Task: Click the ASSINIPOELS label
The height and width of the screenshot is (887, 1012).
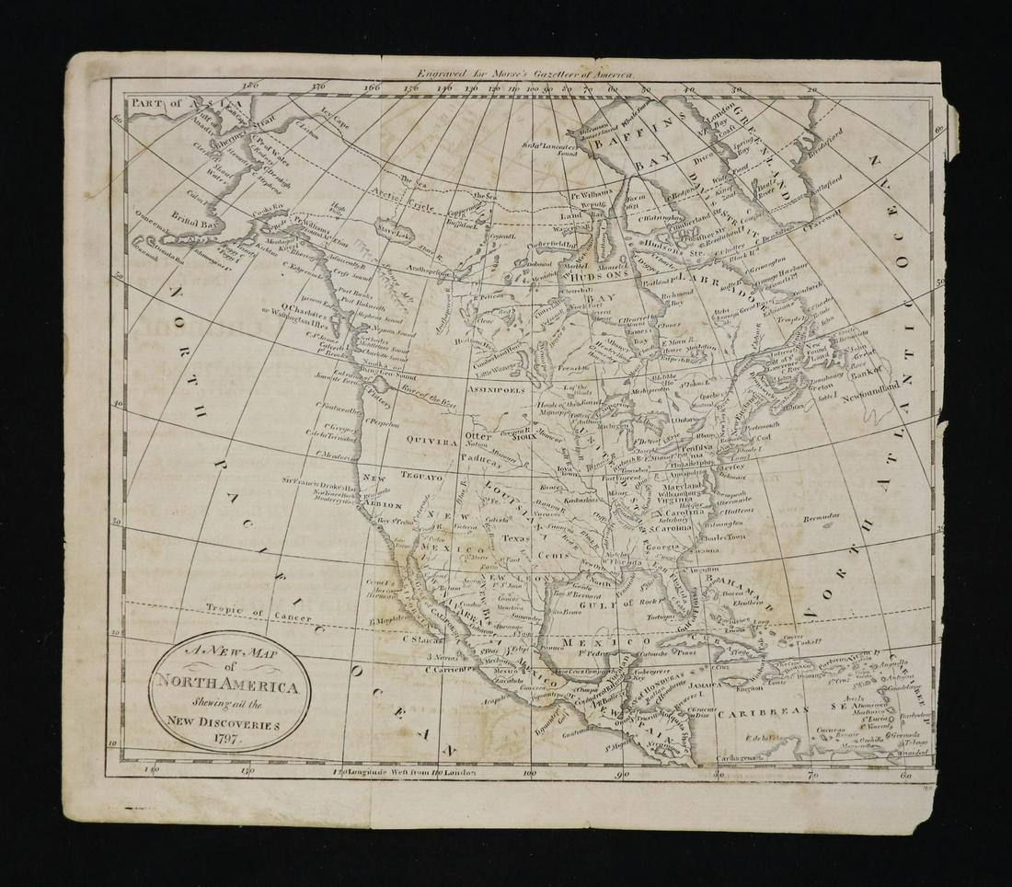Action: tap(497, 390)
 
